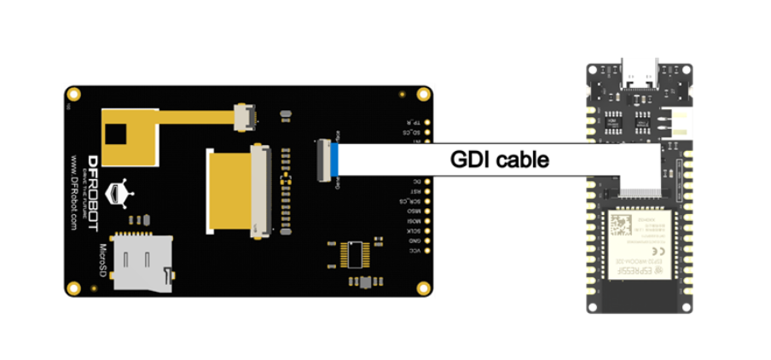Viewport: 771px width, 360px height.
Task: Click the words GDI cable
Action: pos(500,159)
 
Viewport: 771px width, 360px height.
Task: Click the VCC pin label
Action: pos(414,250)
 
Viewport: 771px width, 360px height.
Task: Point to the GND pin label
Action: pos(414,241)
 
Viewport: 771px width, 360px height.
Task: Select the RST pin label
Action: pos(415,191)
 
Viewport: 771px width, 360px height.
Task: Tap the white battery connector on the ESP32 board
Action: pos(682,122)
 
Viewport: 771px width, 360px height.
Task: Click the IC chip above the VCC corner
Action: pos(355,253)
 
